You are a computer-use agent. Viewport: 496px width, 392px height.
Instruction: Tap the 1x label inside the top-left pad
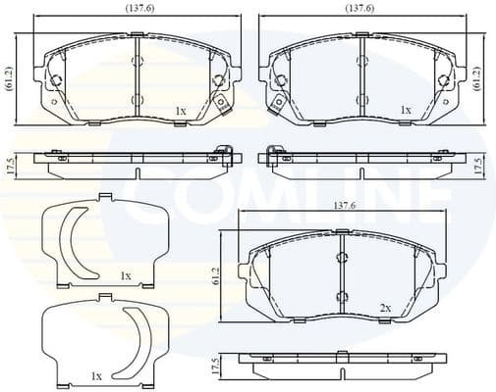180,112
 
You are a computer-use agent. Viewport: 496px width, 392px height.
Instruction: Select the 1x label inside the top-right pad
406,112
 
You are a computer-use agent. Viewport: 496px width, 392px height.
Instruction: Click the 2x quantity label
386,308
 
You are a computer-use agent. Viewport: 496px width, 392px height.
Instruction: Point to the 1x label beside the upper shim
125,277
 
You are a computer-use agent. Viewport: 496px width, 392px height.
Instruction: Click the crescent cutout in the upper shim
72,242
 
